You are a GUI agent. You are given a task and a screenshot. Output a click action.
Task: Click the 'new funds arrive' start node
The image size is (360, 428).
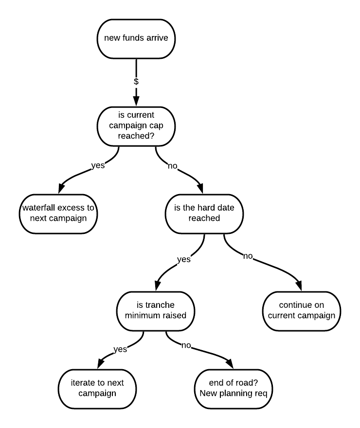(136, 38)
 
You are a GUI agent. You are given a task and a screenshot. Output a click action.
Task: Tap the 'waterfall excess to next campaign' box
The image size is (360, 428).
(58, 214)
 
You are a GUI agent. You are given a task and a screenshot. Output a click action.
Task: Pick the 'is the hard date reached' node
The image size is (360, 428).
(204, 213)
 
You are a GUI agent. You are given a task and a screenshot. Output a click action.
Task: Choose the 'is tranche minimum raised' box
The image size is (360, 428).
(156, 311)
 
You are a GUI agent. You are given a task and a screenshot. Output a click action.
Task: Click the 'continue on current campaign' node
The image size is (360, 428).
(301, 310)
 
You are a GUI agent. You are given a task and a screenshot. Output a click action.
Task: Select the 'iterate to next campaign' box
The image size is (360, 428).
(97, 388)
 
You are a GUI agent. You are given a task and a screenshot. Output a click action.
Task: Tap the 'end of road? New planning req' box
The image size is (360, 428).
(234, 388)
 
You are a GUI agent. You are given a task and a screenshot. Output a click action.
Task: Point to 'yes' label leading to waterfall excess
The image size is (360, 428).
(98, 165)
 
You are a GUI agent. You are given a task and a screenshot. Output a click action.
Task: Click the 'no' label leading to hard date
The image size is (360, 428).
(173, 166)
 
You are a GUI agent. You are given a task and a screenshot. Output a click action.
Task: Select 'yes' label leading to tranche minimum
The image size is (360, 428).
(183, 259)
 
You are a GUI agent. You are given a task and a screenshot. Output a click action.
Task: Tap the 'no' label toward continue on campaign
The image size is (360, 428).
(248, 256)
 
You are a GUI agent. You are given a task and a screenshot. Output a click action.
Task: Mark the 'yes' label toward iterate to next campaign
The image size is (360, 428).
(120, 349)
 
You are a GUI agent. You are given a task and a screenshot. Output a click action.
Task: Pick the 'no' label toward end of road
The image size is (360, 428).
(186, 346)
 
